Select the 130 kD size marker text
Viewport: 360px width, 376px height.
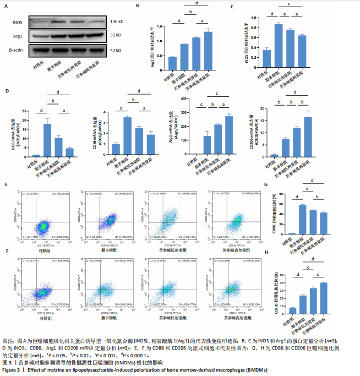coord(117,23)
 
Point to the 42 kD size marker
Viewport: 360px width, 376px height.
coord(116,51)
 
